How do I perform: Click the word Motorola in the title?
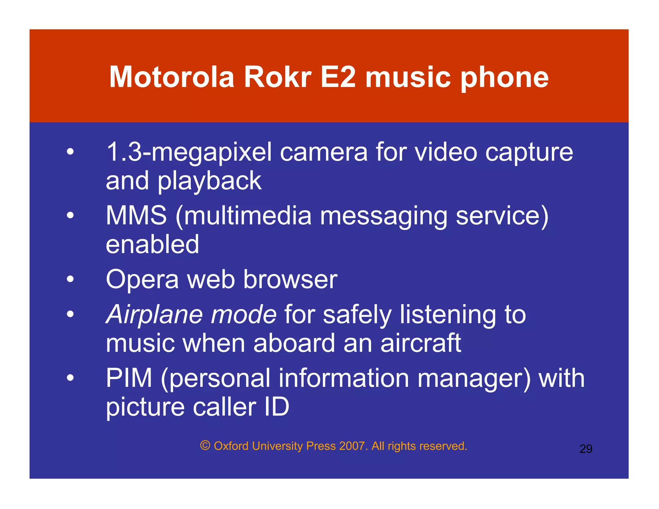tap(172, 77)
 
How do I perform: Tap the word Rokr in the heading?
tap(278, 77)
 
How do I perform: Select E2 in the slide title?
tap(338, 77)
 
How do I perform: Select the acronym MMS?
tap(136, 216)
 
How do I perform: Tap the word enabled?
tap(153, 245)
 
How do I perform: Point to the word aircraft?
tap(421, 343)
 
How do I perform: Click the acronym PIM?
tap(129, 378)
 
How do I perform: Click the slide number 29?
tap(586, 449)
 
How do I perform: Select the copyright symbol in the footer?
tap(205, 446)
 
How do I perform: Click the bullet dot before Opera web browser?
tap(70, 279)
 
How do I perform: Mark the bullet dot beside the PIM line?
tap(70, 378)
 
